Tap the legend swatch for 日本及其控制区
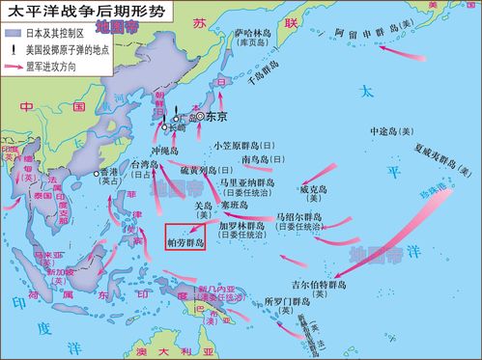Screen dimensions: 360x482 [15, 34]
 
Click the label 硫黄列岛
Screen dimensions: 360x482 [202, 169]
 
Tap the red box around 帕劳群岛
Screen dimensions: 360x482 [184, 237]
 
